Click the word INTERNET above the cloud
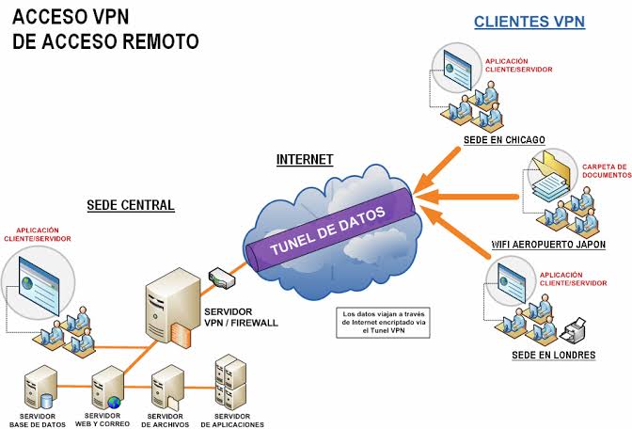coord(307,159)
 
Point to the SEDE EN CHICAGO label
coord(504,140)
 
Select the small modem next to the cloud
coord(219,277)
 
